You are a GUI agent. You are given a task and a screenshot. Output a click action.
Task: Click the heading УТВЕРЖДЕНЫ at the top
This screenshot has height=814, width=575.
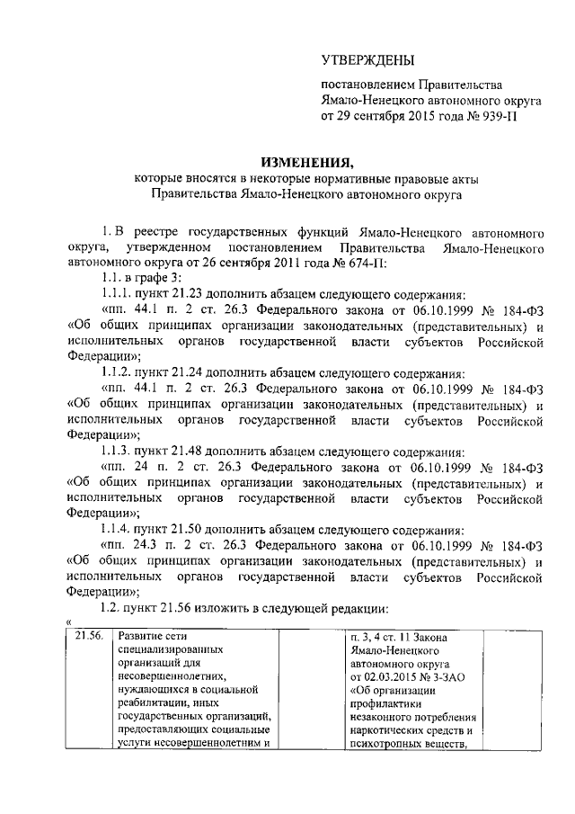coord(368,61)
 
